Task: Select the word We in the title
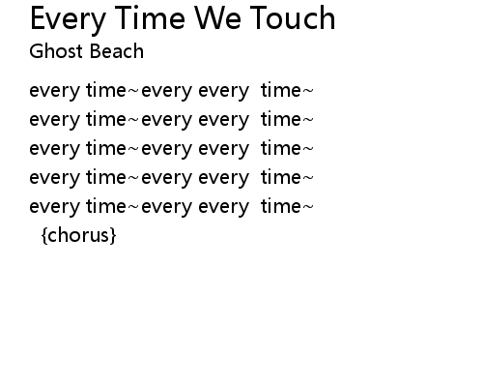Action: coord(218,18)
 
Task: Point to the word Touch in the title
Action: coord(293,18)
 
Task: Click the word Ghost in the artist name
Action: coord(56,51)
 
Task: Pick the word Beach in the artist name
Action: coord(116,51)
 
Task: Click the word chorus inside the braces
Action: coord(79,235)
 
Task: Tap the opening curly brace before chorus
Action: coord(44,235)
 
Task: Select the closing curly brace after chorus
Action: coord(112,235)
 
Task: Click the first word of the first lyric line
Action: coord(54,91)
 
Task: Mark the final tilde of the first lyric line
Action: coord(308,91)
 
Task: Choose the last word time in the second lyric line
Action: coord(281,119)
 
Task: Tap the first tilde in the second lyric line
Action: coord(133,120)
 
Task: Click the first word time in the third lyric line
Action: coord(106,148)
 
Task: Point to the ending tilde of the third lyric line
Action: coord(308,149)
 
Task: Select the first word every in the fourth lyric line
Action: coord(54,178)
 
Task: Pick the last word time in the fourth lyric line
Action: coord(281,177)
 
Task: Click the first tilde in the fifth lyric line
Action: coord(133,207)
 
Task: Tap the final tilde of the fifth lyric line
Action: coord(308,207)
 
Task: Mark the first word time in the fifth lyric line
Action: coord(106,206)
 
